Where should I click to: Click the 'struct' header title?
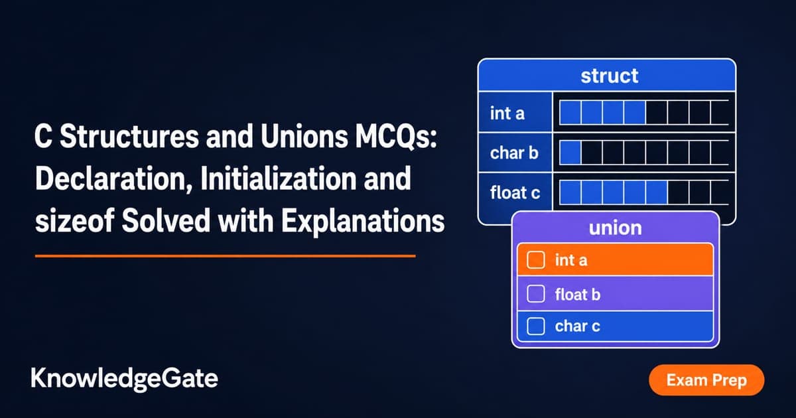coord(610,76)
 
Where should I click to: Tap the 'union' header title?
coord(616,228)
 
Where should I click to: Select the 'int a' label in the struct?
coord(507,113)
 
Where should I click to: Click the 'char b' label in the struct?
coord(514,153)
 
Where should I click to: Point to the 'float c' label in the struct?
coord(515,192)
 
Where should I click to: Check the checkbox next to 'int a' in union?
coord(536,260)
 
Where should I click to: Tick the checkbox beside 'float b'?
coord(536,294)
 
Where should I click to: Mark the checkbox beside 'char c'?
coord(536,326)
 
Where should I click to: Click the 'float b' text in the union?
coord(578,295)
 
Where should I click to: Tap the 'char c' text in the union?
coord(578,326)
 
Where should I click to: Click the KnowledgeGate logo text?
coord(125,379)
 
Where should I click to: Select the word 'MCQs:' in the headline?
coord(396,137)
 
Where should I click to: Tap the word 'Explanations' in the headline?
coord(363,221)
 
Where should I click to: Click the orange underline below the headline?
coord(226,256)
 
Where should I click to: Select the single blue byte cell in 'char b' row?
coord(570,153)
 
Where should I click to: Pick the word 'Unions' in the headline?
coord(304,137)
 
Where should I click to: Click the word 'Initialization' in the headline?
coord(278,178)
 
